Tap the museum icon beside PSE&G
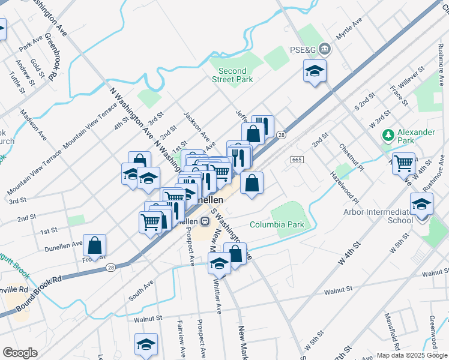tap(324, 47)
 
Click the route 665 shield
tap(298, 159)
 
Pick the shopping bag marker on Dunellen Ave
tap(94, 245)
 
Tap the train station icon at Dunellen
tap(205, 221)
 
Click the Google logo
tap(20, 353)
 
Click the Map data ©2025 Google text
tap(411, 355)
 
